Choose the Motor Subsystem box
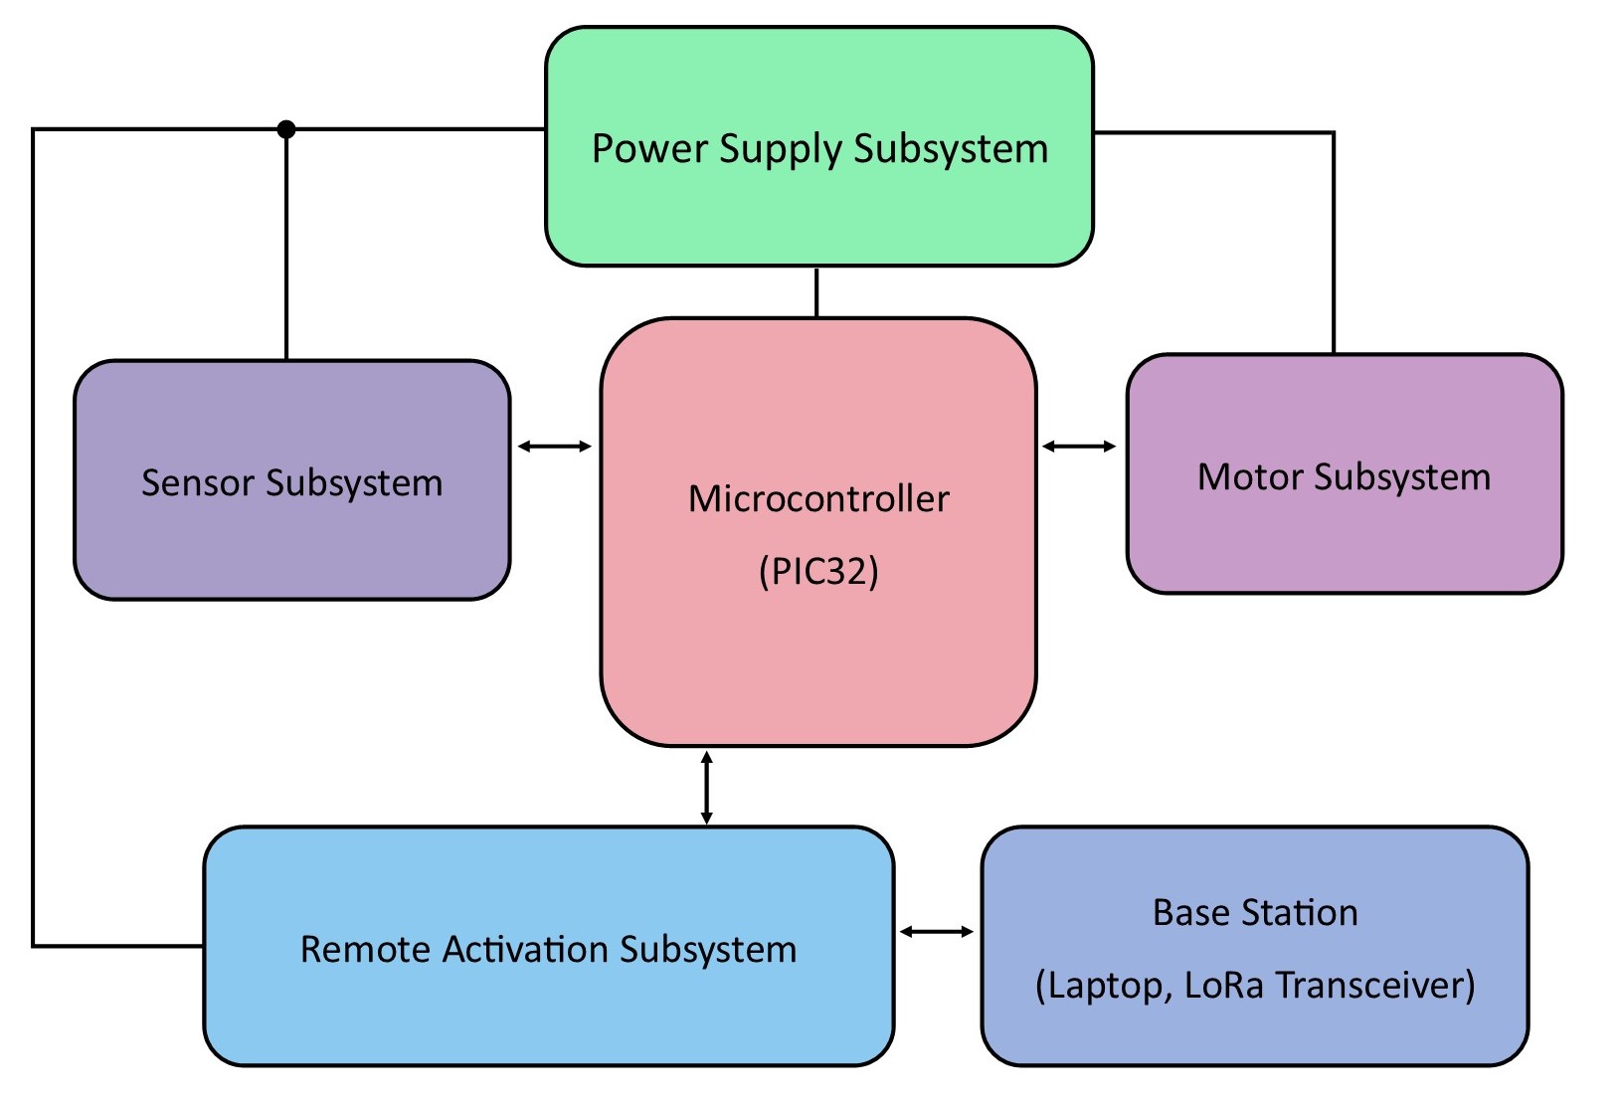click(x=1344, y=537)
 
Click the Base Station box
click(x=1254, y=1034)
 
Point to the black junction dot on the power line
click(x=286, y=129)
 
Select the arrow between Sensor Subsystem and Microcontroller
click(x=555, y=447)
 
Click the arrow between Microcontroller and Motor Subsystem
click(x=1080, y=447)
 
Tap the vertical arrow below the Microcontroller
click(x=706, y=788)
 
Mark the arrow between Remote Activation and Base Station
click(x=937, y=931)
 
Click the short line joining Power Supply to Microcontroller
click(x=816, y=292)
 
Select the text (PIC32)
click(x=818, y=572)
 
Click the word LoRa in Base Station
click(x=1224, y=986)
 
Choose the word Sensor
click(x=198, y=482)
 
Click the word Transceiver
click(x=1375, y=986)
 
